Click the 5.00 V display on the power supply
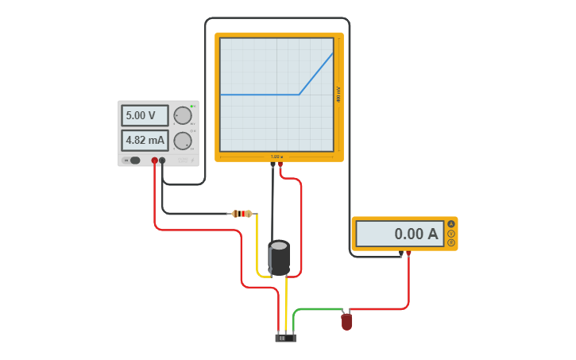click(x=144, y=115)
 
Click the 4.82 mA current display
click(x=144, y=141)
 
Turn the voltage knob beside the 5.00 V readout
click(x=183, y=116)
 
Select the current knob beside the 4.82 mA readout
click(x=183, y=141)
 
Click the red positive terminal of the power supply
click(x=155, y=161)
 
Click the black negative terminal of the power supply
click(x=163, y=161)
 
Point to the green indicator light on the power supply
click(x=192, y=106)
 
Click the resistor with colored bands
click(x=242, y=213)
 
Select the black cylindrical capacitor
click(x=279, y=257)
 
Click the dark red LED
click(x=346, y=322)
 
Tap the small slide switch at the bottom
click(x=285, y=338)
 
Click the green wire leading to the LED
click(x=318, y=309)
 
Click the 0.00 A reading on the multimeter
click(x=400, y=234)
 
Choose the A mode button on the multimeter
click(x=451, y=224)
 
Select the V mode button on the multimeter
click(x=451, y=234)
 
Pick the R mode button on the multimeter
click(x=451, y=242)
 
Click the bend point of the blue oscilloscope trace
click(x=300, y=95)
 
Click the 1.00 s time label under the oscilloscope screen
click(x=276, y=157)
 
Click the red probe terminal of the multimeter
click(x=408, y=254)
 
